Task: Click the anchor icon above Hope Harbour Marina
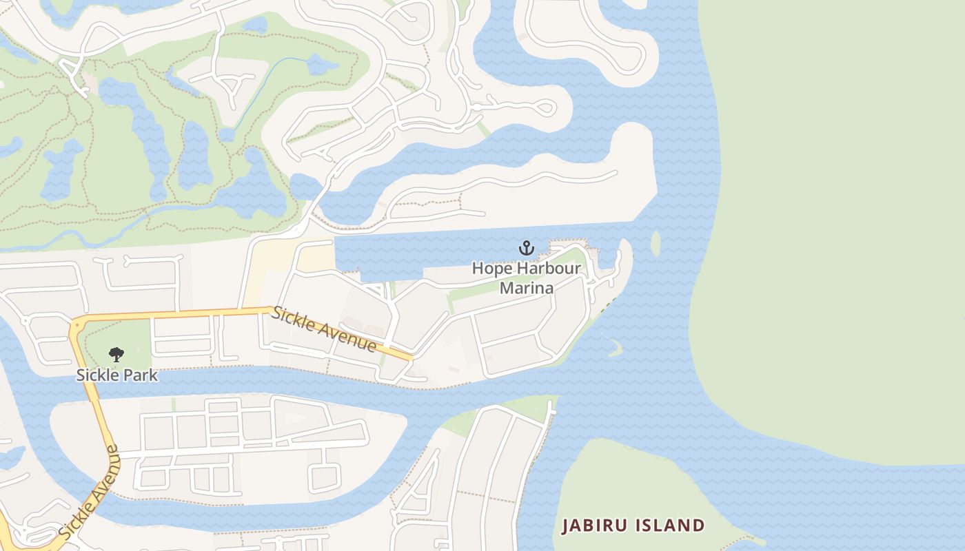[527, 247]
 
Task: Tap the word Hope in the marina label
[492, 269]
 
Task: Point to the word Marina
[527, 288]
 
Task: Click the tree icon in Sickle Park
[116, 355]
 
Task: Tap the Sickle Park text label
[116, 375]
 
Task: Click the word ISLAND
[671, 526]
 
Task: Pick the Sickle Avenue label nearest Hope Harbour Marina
[324, 329]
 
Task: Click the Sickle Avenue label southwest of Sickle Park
[88, 492]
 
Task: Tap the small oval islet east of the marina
[656, 242]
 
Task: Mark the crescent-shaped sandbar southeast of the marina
[614, 346]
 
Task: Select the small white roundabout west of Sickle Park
[26, 320]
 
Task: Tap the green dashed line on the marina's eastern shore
[607, 304]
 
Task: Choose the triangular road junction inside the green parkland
[235, 85]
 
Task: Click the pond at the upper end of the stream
[321, 65]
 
